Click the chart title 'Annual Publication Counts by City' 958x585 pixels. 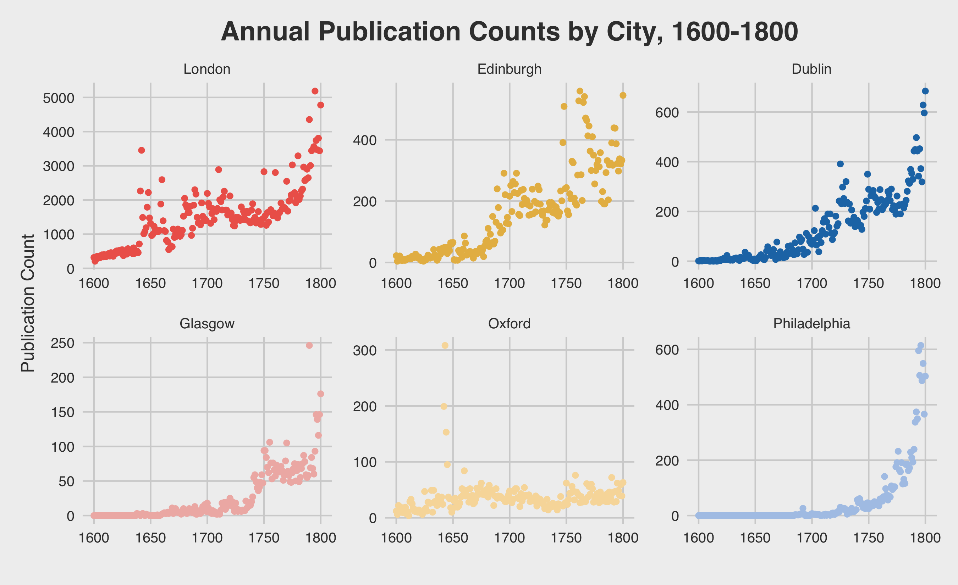(509, 32)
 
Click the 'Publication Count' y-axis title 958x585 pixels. (28, 303)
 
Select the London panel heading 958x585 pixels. (207, 69)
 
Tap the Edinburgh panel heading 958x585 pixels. (509, 69)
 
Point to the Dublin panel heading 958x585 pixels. (811, 69)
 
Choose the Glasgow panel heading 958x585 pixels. (207, 324)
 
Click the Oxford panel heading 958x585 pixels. (509, 324)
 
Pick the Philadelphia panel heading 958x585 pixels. (811, 324)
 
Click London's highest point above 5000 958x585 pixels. (315, 91)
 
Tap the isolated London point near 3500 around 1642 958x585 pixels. (142, 150)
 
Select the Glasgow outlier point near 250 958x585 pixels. (309, 345)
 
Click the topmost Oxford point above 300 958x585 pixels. (445, 345)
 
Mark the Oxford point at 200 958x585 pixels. (444, 406)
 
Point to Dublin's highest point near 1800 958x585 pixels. (925, 91)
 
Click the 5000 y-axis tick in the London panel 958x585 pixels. (58, 98)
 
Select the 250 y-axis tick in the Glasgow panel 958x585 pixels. (62, 343)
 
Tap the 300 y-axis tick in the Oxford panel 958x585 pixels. (365, 350)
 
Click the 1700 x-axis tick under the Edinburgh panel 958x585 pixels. (509, 283)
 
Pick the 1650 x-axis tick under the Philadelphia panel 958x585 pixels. (755, 537)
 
